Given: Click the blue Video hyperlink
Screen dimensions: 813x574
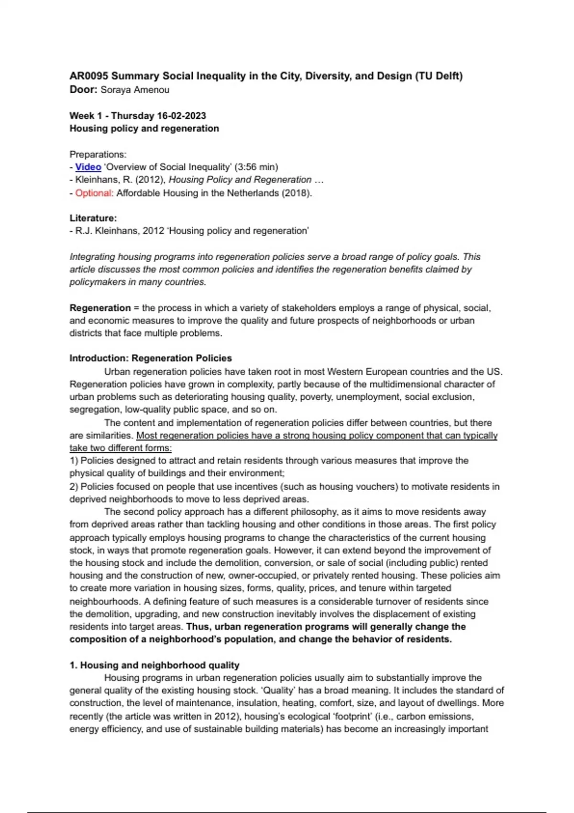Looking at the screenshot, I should pos(88,167).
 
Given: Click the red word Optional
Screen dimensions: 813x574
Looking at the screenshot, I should pos(93,193).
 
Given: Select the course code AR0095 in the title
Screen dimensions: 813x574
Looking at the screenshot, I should pos(89,76).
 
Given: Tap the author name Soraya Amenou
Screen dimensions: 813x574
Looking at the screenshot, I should pos(135,90).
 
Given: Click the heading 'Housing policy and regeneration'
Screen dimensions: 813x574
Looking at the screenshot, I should pos(144,128).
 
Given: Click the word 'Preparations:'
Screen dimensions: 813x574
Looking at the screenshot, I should pos(98,154).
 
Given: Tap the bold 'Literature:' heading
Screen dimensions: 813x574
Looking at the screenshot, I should pos(93,218).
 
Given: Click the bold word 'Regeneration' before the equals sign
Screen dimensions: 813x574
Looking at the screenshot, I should pos(100,308).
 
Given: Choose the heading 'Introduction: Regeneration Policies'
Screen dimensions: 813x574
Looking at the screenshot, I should pos(151,358).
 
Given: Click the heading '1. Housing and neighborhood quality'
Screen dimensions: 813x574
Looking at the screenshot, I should pos(155,665).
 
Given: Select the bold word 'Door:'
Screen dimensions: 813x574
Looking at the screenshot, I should pos(84,90).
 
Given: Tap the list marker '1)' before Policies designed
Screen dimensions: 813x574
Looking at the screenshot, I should pos(74,461).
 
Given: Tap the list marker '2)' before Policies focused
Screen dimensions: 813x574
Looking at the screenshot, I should pos(74,486).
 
